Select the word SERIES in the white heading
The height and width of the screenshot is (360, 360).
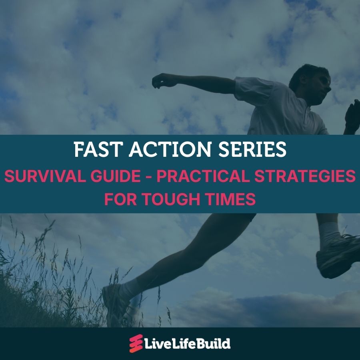click(252, 149)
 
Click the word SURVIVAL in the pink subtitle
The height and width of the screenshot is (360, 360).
click(44, 176)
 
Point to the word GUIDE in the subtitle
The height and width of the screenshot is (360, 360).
click(116, 176)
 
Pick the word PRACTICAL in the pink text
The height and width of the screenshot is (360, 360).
click(203, 176)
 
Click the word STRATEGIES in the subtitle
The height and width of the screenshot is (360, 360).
click(305, 176)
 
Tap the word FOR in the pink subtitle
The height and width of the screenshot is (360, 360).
click(120, 199)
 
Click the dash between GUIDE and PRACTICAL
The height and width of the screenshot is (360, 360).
click(149, 177)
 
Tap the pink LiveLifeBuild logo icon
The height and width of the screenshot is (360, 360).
click(136, 344)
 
